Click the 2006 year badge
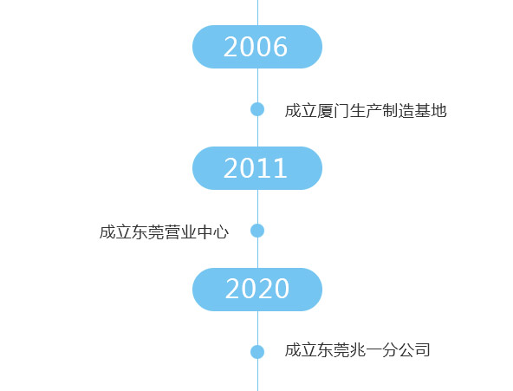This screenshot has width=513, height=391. coord(257,47)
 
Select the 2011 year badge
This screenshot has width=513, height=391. coord(257,168)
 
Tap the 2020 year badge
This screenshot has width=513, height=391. coord(257,290)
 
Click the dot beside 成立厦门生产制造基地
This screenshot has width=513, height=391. coord(257,109)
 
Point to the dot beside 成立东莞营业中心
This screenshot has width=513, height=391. coord(257,231)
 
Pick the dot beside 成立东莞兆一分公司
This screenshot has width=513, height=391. coord(257,352)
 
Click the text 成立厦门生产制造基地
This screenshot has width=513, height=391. coord(366,111)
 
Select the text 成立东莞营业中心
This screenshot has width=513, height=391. coord(165,232)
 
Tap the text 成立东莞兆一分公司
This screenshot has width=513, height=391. coord(357,350)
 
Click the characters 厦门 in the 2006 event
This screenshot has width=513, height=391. coord(333,111)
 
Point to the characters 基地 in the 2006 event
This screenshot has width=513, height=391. coord(431,111)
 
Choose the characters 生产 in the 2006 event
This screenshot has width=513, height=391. coord(366,111)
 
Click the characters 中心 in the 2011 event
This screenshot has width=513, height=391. coord(213,232)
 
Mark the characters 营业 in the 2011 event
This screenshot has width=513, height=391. coord(180,232)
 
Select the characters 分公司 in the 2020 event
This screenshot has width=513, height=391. coord(406,350)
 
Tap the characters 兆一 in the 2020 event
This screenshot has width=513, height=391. coord(366,350)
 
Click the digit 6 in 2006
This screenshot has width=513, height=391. coord(280,47)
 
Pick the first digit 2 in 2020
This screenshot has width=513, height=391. coord(232,289)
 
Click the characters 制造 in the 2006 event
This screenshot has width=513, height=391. coord(398,111)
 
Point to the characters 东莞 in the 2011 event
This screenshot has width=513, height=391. coord(148,232)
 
